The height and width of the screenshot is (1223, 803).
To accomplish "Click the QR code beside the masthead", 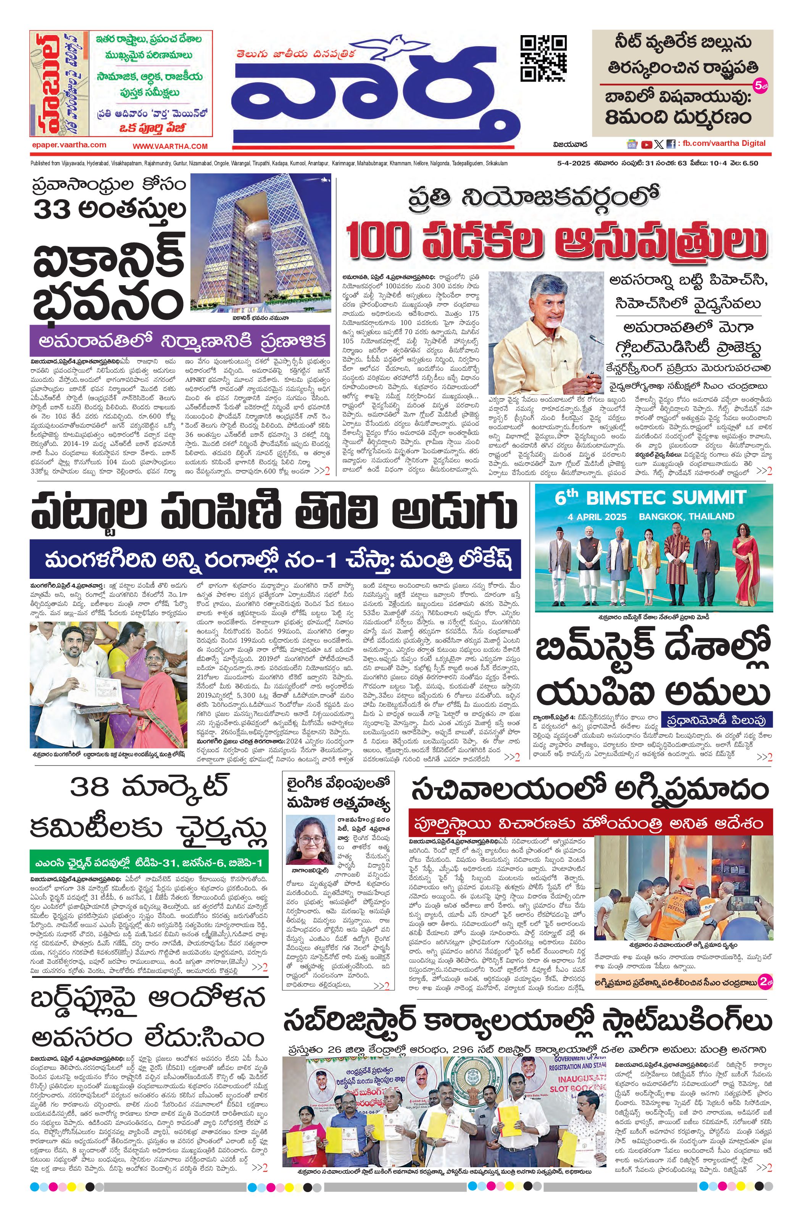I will (x=543, y=58).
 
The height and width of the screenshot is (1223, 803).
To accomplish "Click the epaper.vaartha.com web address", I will (x=68, y=145).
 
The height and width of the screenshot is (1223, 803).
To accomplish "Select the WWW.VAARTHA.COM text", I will (x=170, y=146).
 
